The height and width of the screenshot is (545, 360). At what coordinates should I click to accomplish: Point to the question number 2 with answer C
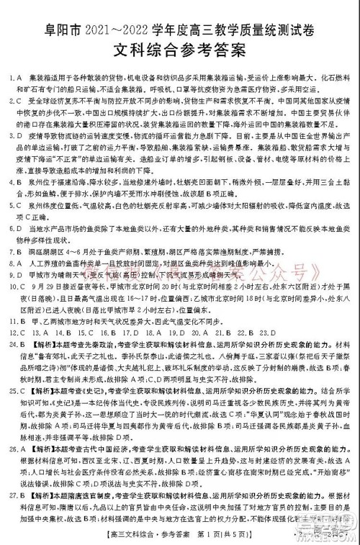(x=12, y=101)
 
